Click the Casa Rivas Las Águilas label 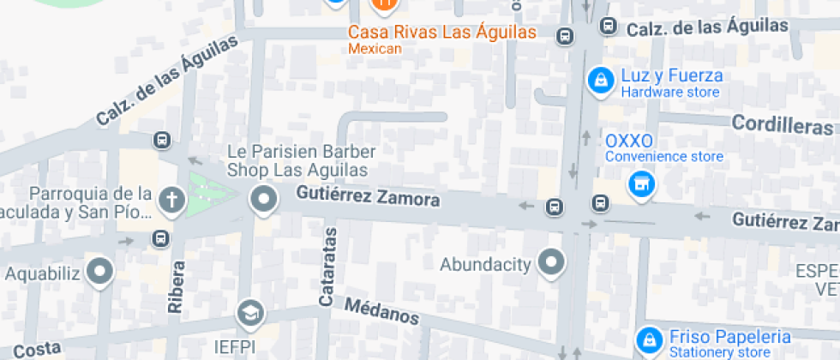(441, 33)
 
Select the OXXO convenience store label (629, 141)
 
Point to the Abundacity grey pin (551, 263)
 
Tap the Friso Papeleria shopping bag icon (651, 338)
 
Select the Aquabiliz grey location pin (103, 273)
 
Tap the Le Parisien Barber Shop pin (262, 201)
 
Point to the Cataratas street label (327, 267)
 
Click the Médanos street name (382, 311)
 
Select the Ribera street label (176, 286)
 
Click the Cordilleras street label (783, 124)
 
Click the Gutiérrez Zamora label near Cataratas (369, 197)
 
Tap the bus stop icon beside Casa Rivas (565, 36)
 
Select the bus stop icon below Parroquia (160, 238)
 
